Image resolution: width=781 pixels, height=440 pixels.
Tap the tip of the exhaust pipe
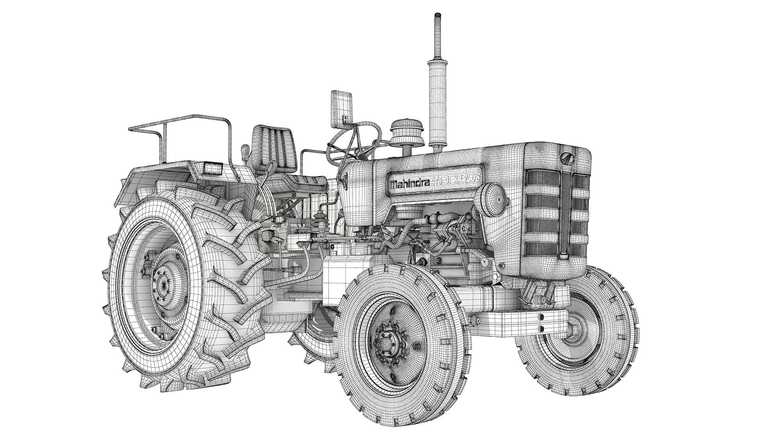[x=437, y=16]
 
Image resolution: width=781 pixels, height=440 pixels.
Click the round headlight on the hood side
[x=494, y=199]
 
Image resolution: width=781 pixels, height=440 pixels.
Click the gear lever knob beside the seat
[x=246, y=150]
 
